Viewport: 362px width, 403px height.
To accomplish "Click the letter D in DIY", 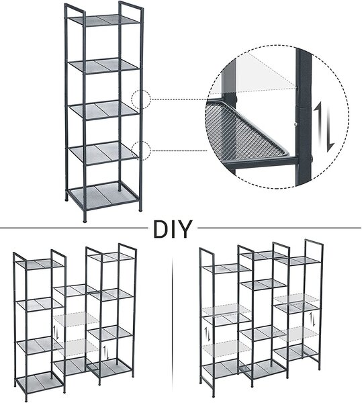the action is click(x=161, y=229).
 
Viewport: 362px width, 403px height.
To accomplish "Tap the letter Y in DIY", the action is click(x=185, y=229).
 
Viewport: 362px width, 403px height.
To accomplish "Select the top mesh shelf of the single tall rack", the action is click(x=104, y=19).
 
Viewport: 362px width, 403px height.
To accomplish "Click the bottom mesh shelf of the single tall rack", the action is click(x=103, y=196).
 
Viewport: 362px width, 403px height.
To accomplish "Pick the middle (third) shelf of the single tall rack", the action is click(x=104, y=109).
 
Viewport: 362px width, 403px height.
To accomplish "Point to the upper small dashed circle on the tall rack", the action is click(x=141, y=99).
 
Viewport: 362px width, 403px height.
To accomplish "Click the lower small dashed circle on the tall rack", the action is click(x=141, y=151).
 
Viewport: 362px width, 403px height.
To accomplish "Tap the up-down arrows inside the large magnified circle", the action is click(x=324, y=127).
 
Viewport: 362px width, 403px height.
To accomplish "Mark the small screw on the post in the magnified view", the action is click(x=296, y=124).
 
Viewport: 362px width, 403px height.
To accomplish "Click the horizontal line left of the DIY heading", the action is click(x=74, y=228).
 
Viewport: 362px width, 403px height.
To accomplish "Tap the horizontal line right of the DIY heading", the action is click(x=279, y=228).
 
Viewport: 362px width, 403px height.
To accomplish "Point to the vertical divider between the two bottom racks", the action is click(x=173, y=321).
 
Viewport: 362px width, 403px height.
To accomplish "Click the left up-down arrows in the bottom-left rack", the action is click(x=56, y=333).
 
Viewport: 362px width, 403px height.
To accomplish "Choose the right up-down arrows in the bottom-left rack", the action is click(x=105, y=353).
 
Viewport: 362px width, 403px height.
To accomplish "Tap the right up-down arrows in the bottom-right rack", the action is click(x=312, y=319).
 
